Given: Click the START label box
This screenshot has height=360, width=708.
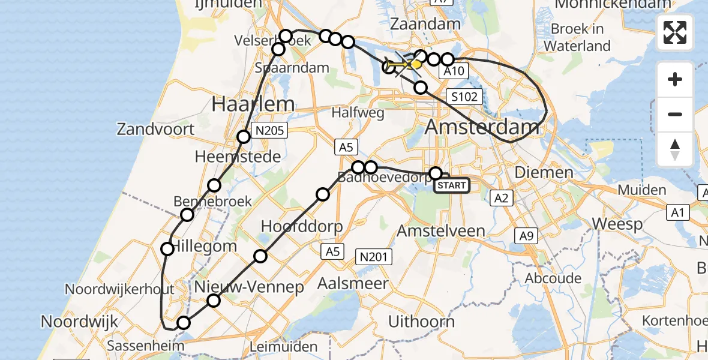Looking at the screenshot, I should point(451,185).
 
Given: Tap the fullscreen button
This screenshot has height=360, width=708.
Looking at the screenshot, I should point(675,32).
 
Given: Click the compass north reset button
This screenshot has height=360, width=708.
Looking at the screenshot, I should point(675,149).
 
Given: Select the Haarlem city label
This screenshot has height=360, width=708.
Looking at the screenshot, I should point(253,104).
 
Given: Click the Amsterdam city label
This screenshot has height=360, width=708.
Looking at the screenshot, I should point(482,127).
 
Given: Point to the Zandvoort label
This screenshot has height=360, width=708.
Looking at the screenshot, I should point(155,129).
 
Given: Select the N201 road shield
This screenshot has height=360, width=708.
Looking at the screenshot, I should point(375,257).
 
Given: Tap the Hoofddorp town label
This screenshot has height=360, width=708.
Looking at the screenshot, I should point(302,227).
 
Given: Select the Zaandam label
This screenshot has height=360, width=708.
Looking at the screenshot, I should point(425,24).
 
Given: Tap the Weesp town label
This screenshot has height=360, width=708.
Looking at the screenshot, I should point(617,224).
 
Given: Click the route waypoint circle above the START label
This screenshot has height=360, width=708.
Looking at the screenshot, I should point(435,173).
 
